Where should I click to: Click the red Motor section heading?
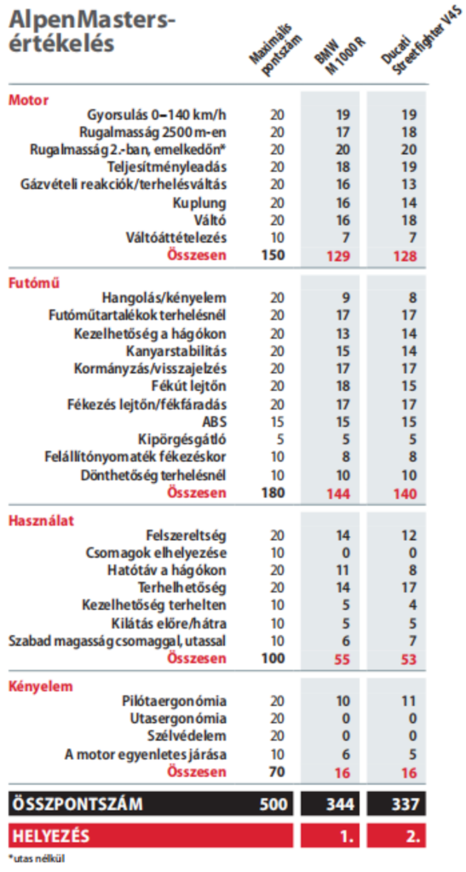tap(28, 100)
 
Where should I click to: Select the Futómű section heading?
tap(34, 282)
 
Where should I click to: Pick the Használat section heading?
tap(41, 521)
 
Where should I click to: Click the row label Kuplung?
tap(199, 203)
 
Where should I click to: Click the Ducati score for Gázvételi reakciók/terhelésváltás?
tap(409, 184)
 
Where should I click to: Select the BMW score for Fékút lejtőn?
tap(343, 386)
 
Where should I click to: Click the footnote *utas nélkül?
tap(36, 858)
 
